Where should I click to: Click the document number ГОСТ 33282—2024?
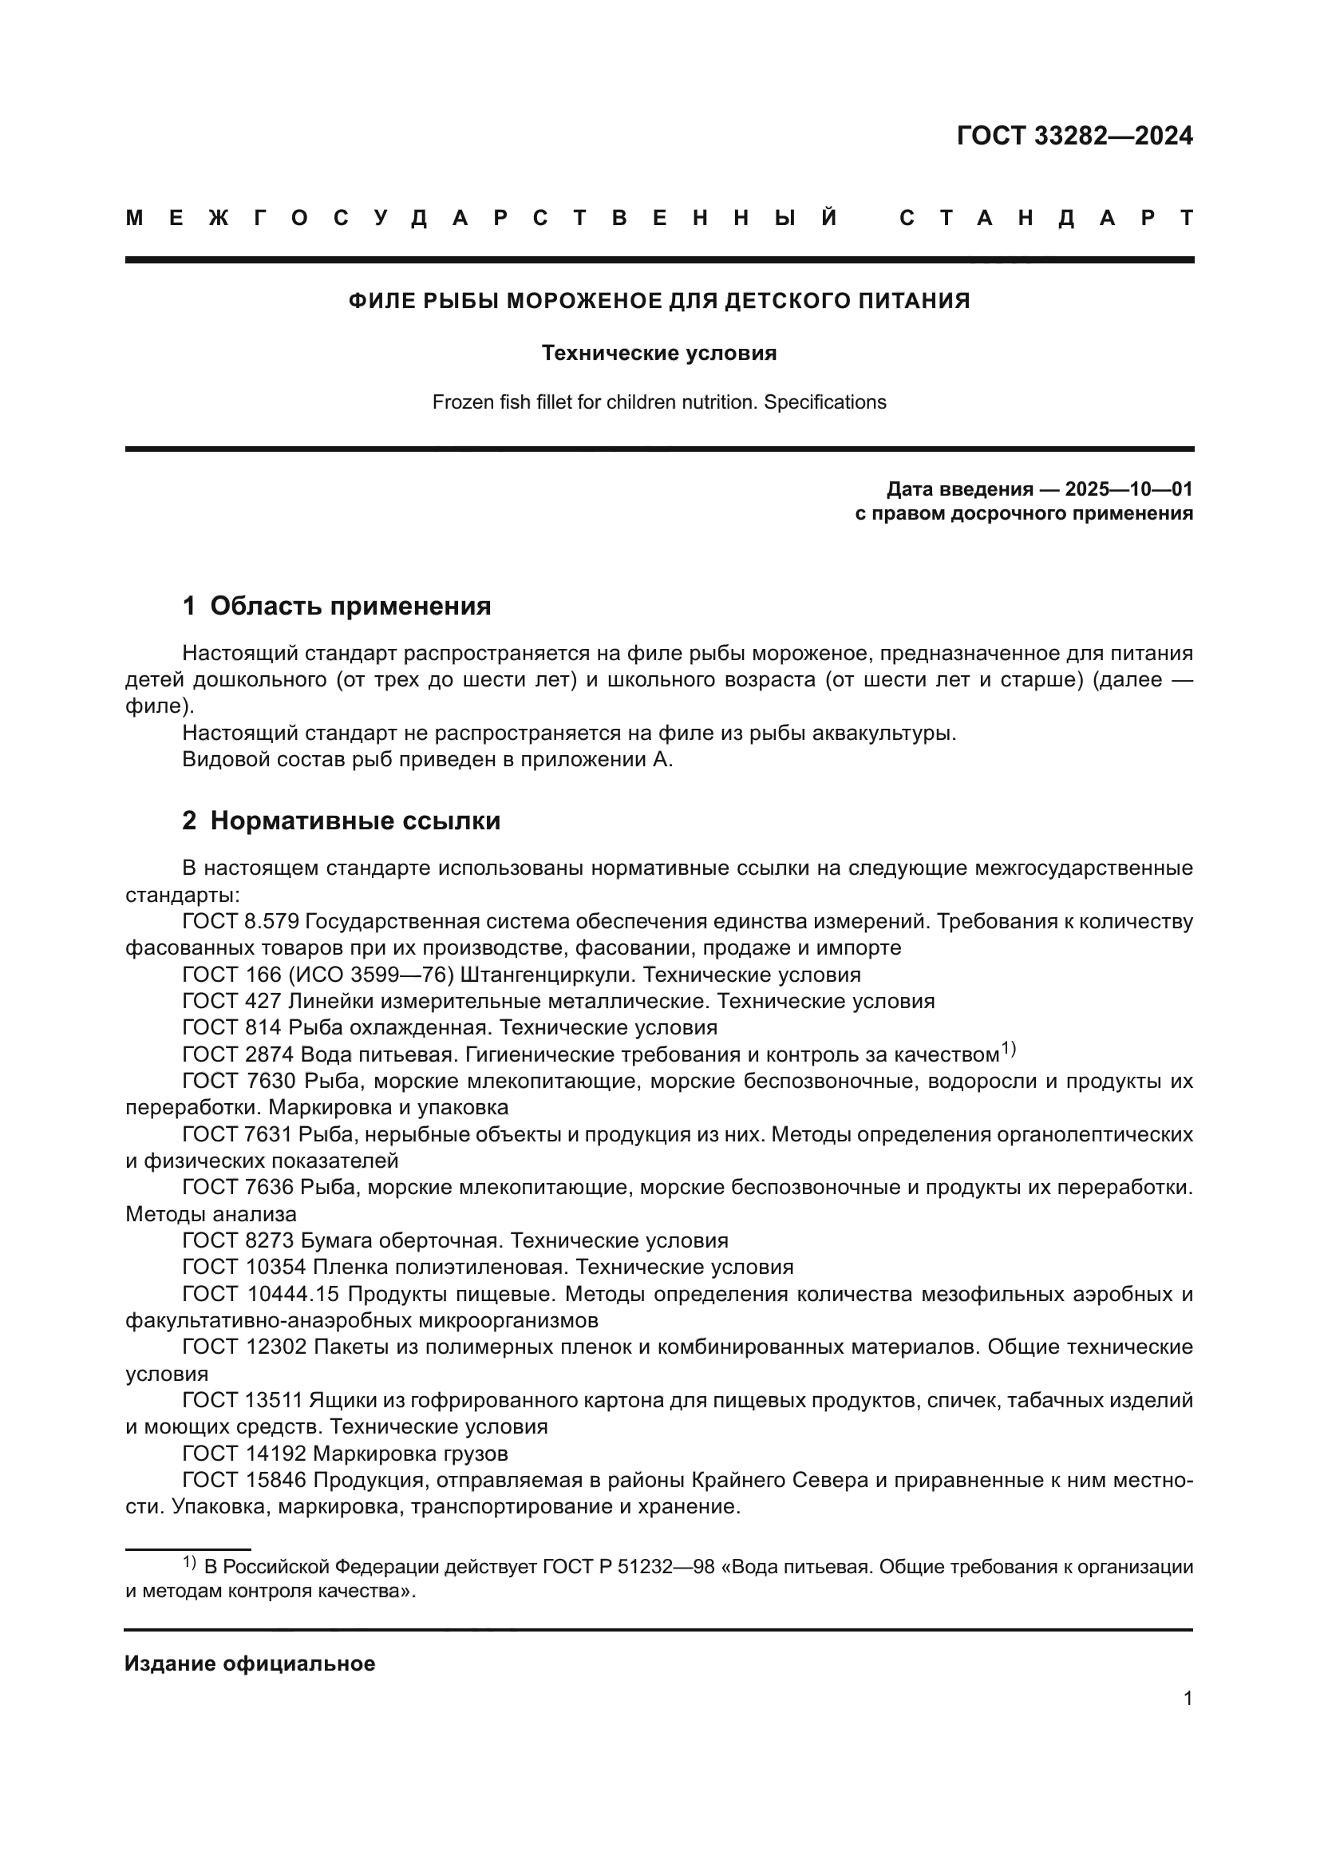point(1073,136)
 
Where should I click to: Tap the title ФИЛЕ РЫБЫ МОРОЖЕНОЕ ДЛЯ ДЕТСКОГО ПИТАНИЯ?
point(659,301)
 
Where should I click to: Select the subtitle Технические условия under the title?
point(659,353)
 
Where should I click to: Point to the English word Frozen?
point(460,401)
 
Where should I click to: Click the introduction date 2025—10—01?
point(1128,489)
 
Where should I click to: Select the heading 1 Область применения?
point(337,606)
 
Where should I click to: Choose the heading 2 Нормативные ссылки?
point(342,821)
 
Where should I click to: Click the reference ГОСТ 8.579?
point(240,921)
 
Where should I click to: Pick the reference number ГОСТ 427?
point(231,1001)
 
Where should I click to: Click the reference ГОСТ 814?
point(231,1027)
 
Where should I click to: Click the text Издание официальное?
point(250,1663)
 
